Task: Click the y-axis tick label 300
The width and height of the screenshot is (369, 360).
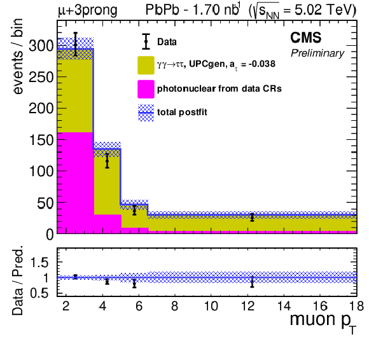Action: pos(41,46)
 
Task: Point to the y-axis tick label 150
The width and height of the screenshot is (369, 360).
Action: pos(41,140)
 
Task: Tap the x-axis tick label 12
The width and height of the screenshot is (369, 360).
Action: pos(248,306)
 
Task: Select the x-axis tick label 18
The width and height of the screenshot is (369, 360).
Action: pos(357,306)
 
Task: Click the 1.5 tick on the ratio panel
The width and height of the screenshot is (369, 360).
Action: pos(39,262)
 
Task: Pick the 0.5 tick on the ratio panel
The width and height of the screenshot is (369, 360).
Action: pos(39,293)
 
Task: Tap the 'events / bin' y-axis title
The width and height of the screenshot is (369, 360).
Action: pos(17,57)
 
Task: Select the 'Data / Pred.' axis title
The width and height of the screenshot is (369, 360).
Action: pos(17,280)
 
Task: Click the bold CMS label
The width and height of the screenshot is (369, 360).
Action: pos(305,38)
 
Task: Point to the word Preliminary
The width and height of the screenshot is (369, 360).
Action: pos(317,53)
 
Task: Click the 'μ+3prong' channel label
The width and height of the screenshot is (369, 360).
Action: pos(88,11)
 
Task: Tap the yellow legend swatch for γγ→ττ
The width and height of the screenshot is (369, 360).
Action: pos(146,65)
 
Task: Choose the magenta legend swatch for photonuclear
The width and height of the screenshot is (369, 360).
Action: pos(146,89)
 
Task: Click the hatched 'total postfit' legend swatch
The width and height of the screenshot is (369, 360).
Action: pos(146,113)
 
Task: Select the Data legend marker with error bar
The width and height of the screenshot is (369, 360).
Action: pos(146,41)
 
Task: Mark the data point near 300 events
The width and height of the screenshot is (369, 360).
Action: pos(75,45)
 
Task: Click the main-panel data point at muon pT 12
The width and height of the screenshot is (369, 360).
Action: pos(252,217)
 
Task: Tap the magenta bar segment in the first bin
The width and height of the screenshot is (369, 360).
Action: pos(75,183)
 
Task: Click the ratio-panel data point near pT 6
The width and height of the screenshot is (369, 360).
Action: pos(134,284)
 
